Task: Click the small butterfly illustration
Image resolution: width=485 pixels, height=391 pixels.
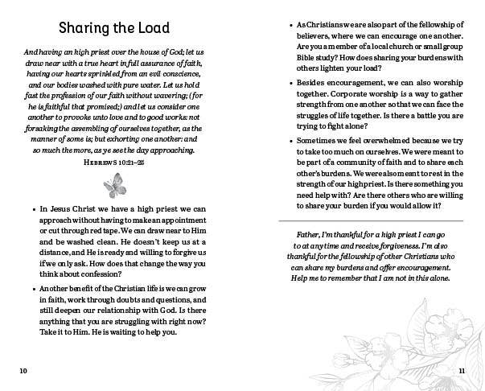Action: [116, 187]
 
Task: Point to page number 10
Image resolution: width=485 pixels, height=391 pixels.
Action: [23, 370]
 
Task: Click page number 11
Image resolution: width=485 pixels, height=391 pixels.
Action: [462, 370]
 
